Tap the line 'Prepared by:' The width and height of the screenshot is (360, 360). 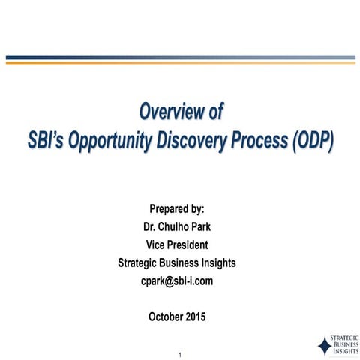click(x=177, y=208)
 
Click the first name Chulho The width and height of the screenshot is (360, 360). click(x=172, y=226)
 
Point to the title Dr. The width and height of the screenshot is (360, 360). click(x=148, y=226)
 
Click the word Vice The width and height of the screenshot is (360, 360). click(x=156, y=244)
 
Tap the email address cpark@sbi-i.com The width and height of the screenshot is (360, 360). click(x=177, y=280)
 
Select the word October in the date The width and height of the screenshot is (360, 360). click(x=166, y=316)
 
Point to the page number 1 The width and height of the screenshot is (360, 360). click(x=181, y=353)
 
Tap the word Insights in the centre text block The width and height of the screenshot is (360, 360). click(x=215, y=262)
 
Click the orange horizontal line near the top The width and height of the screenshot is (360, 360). click(x=180, y=62)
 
